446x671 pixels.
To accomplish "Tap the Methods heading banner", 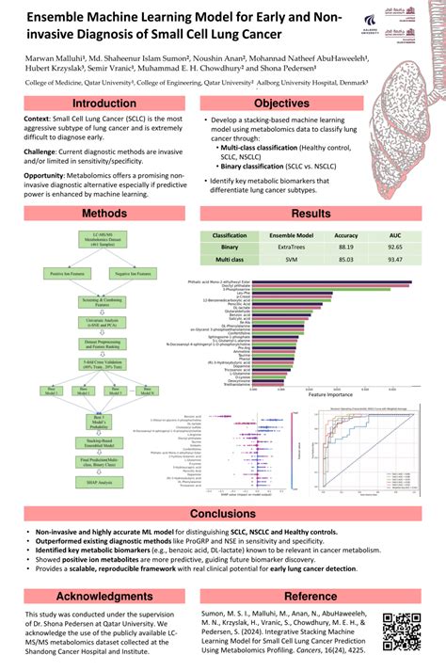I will [x=104, y=214].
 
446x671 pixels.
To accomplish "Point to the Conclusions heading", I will [x=223, y=514].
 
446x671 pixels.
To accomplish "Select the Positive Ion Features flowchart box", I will [x=63, y=274].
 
